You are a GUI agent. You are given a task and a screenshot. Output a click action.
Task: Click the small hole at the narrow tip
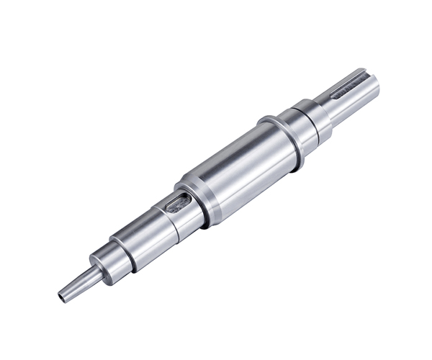point(61,295)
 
